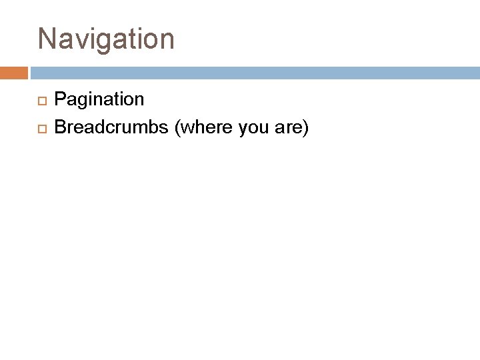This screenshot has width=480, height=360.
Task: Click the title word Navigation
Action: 106,39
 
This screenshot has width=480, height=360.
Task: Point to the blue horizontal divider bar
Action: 254,72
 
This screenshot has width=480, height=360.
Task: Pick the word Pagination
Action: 99,100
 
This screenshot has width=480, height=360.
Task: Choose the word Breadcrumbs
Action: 111,127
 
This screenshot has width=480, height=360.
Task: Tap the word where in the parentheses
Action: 201,127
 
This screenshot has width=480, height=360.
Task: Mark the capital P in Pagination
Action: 59,100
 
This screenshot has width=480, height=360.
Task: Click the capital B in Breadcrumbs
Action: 59,127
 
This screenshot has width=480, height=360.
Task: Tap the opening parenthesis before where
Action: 177,127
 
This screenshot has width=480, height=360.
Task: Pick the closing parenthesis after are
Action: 305,127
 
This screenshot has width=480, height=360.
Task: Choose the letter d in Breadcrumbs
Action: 96,127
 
